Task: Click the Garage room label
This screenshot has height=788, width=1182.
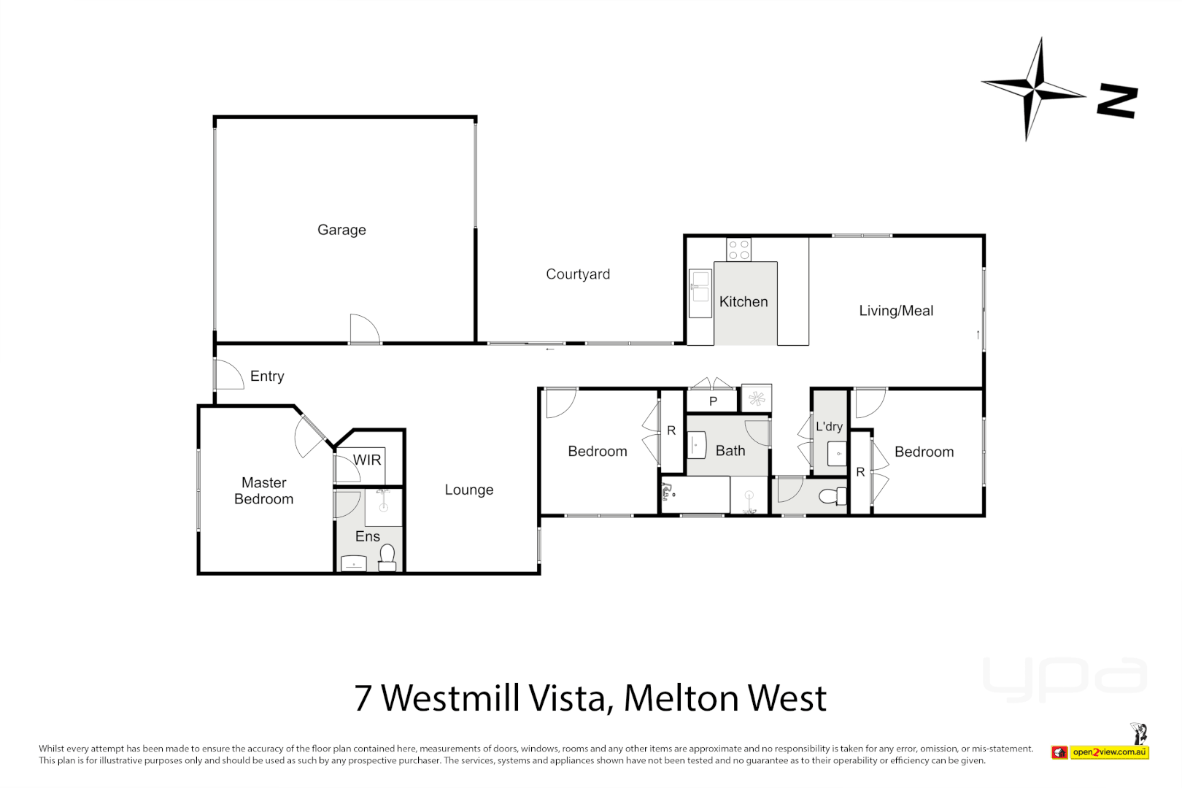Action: pyautogui.click(x=341, y=230)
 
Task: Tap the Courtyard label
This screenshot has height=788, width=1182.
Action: pyautogui.click(x=578, y=274)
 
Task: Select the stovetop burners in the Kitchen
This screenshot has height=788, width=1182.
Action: pyautogui.click(x=738, y=250)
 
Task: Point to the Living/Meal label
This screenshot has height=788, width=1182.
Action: pyautogui.click(x=896, y=311)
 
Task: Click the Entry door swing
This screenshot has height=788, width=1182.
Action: pyautogui.click(x=229, y=374)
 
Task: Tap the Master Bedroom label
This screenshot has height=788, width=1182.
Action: pyautogui.click(x=264, y=491)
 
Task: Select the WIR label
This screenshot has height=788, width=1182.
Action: pyautogui.click(x=367, y=460)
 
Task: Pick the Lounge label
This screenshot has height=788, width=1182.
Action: pyautogui.click(x=469, y=490)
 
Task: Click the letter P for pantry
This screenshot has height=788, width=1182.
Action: pyautogui.click(x=713, y=401)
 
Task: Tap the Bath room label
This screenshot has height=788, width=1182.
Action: pyautogui.click(x=730, y=451)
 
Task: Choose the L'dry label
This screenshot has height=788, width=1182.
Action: pyautogui.click(x=829, y=426)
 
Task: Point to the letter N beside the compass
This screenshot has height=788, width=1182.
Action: pyautogui.click(x=1117, y=101)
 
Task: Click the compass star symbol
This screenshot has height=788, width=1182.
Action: pyautogui.click(x=1034, y=90)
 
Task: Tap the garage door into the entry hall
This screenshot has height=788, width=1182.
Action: pyautogui.click(x=365, y=329)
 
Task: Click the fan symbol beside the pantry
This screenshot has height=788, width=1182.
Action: pyautogui.click(x=757, y=398)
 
